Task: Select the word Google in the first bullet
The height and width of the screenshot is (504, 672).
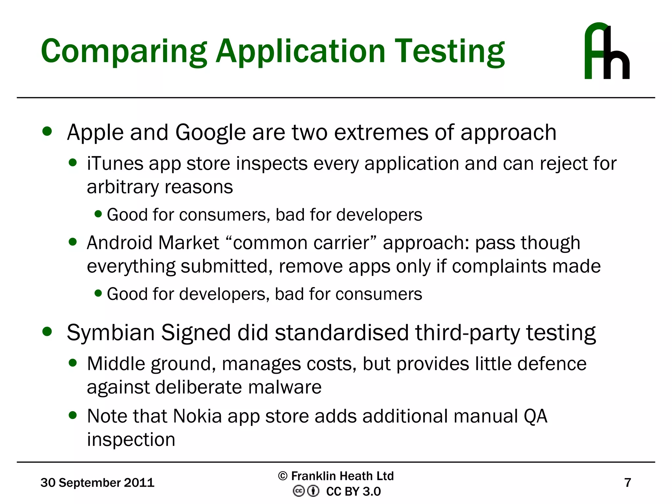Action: pos(210,133)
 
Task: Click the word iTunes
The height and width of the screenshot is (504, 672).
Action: pos(115,163)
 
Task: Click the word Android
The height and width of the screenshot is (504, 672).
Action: pos(120,243)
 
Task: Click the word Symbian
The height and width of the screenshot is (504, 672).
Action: pos(111,333)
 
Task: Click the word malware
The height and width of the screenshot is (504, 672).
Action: pos(285,387)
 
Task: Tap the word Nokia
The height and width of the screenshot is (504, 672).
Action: pos(198,416)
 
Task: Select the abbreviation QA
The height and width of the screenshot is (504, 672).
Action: pos(535,416)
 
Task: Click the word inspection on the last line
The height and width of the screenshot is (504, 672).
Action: pos(131,440)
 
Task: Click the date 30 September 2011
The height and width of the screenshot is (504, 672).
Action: pos(97,483)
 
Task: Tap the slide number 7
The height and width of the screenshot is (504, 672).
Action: pos(627,483)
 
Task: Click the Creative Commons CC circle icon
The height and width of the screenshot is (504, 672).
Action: pos(299,491)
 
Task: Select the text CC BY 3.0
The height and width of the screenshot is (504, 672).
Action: pos(353,492)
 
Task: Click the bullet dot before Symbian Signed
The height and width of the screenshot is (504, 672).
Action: pos(47,332)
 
